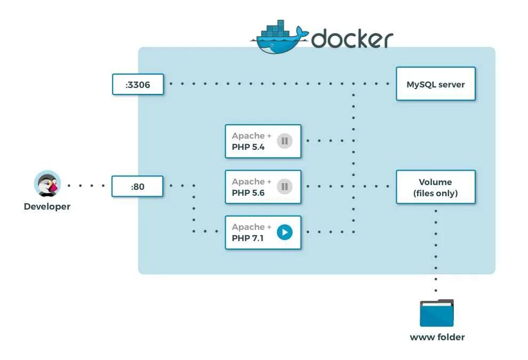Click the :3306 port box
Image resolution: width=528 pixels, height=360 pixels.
tap(138, 84)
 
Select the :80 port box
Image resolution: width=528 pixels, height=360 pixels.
tap(137, 187)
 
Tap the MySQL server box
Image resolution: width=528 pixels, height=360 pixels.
tap(435, 84)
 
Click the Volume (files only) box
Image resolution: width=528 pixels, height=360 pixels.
tap(435, 187)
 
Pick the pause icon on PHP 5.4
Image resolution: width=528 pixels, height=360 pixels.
tap(284, 141)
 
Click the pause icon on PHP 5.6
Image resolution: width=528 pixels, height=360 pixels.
tap(284, 187)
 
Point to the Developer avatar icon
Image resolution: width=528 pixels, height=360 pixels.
tap(47, 185)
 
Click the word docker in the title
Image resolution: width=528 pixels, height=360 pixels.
tap(352, 38)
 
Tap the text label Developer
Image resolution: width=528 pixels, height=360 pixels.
tap(47, 206)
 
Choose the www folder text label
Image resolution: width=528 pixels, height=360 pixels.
tap(437, 337)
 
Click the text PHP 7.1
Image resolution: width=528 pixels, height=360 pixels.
tap(247, 238)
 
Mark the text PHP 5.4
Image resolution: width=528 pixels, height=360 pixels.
tap(248, 147)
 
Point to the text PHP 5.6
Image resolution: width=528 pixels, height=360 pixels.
tap(248, 193)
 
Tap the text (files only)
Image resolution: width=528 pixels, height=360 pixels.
tap(435, 194)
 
